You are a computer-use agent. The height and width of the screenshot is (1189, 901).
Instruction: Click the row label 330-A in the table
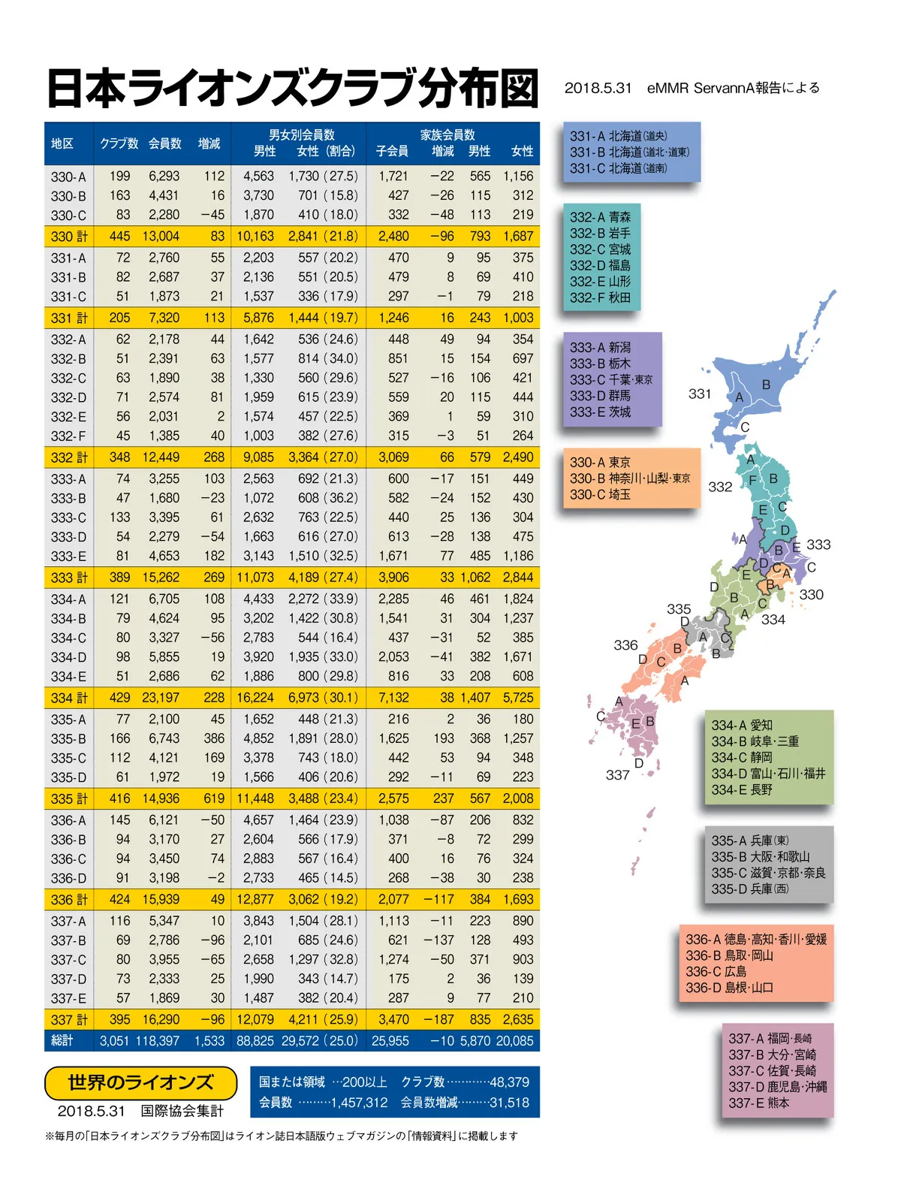(68, 177)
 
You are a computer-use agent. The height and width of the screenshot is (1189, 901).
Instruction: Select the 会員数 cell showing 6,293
(164, 177)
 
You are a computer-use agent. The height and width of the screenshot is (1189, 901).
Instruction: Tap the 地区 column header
(62, 143)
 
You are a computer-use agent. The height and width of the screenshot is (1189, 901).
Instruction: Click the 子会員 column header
(392, 151)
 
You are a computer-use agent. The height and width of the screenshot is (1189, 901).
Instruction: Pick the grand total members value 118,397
(158, 1041)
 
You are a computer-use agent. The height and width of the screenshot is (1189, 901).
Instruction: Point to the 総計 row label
(62, 1040)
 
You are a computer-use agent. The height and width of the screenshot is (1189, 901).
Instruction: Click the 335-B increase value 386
(213, 738)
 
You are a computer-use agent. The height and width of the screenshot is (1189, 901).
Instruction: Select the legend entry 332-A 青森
(600, 217)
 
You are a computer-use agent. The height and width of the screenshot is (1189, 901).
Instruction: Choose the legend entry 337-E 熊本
(758, 1103)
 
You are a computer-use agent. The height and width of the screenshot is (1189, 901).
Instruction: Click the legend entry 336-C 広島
(716, 971)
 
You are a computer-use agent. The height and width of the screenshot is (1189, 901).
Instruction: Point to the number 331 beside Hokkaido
(700, 394)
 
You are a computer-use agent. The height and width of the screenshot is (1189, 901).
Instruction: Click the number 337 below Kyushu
(618, 774)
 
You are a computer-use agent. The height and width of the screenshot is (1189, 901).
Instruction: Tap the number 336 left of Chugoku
(625, 645)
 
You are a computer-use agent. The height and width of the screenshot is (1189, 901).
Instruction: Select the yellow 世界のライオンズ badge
(141, 1082)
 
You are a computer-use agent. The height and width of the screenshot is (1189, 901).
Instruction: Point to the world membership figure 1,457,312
(359, 1103)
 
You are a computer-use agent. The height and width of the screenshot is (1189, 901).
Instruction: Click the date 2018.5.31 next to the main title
(598, 88)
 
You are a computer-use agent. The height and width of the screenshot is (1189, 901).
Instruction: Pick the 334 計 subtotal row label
(69, 698)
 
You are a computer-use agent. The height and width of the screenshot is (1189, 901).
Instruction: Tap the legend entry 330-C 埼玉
(600, 494)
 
